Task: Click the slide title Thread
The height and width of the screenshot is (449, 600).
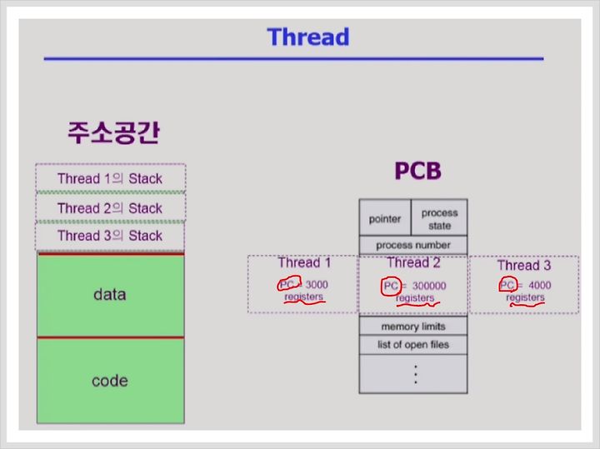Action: coord(308,37)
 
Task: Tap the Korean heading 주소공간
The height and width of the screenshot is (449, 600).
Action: coord(113,132)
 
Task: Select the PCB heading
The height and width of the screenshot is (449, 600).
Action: coord(417,171)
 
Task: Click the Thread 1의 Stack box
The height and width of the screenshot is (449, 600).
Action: coord(111,177)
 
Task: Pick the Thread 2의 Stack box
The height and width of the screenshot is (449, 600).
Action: coord(111,207)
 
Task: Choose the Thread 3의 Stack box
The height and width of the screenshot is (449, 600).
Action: coord(110,236)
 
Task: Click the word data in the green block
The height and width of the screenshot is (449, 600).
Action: coord(110,295)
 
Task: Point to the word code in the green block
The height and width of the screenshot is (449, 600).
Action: coord(110,381)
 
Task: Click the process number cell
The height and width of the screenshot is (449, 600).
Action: coord(413,245)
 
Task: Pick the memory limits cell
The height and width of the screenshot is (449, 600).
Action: coord(413,327)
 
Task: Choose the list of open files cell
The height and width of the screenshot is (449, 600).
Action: coord(413,345)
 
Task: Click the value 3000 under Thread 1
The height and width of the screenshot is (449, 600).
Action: coord(317,285)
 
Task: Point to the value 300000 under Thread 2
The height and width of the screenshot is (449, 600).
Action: coord(429,286)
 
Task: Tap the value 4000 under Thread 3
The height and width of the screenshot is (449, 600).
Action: coord(539,285)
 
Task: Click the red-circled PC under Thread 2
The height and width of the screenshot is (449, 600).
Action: coord(391,286)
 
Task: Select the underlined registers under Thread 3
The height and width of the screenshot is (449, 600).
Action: coord(525,297)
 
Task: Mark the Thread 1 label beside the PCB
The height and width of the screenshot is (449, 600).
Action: coord(304,262)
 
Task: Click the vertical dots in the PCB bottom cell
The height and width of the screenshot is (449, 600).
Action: coord(416,374)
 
